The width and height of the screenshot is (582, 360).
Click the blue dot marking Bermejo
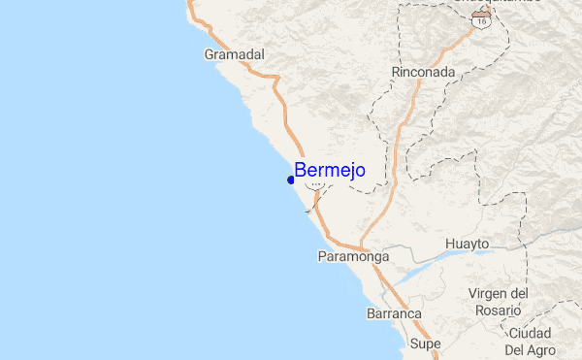[x=291, y=180]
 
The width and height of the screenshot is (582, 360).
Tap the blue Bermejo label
[x=330, y=171]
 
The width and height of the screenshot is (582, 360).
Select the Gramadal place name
[x=235, y=55]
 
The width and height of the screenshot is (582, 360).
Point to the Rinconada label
[x=423, y=72]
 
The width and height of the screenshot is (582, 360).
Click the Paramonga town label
[x=353, y=257]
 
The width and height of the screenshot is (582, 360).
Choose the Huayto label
[x=468, y=243]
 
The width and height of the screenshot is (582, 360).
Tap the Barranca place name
[x=393, y=314]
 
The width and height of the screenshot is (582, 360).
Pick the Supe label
[x=425, y=344]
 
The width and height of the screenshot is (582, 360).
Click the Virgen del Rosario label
[x=498, y=302]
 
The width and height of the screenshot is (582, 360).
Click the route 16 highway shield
[x=482, y=19]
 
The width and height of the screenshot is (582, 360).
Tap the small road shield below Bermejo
[x=314, y=191]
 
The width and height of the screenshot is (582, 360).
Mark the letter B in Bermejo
[x=301, y=171]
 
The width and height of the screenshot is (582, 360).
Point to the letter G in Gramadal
[x=210, y=55]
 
